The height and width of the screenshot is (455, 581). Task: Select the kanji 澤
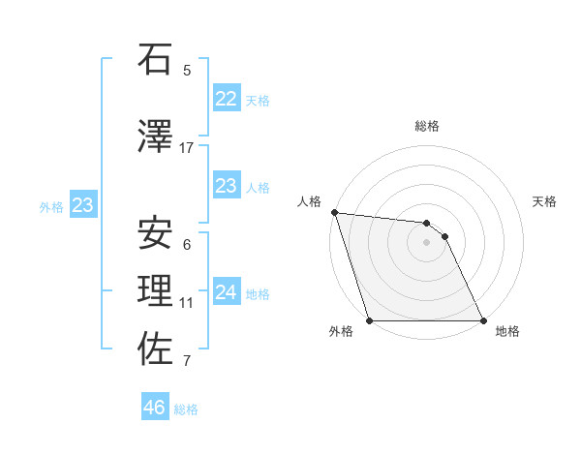[156, 136]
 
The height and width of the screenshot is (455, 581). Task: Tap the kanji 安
[156, 233]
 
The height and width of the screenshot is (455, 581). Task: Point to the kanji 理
[156, 291]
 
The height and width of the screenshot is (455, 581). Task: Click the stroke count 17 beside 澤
[187, 148]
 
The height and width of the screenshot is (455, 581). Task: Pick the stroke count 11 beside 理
[187, 303]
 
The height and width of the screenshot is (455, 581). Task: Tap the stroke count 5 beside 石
[187, 70]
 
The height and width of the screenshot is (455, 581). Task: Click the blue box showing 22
[226, 98]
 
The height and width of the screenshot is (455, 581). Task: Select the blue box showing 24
[226, 291]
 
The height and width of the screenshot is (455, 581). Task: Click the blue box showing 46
[155, 408]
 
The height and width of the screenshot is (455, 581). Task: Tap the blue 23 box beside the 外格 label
[82, 205]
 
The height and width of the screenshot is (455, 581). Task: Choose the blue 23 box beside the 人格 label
[226, 186]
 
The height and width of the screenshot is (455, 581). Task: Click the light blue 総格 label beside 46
[186, 409]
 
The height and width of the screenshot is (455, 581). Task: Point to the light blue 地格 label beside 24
[258, 294]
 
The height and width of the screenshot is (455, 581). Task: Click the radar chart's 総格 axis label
[426, 126]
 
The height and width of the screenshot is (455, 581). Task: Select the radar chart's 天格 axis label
[545, 201]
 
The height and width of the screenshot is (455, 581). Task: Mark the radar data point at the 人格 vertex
[334, 212]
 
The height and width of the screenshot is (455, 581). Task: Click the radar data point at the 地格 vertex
[483, 320]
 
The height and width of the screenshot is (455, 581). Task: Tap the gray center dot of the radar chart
[426, 242]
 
